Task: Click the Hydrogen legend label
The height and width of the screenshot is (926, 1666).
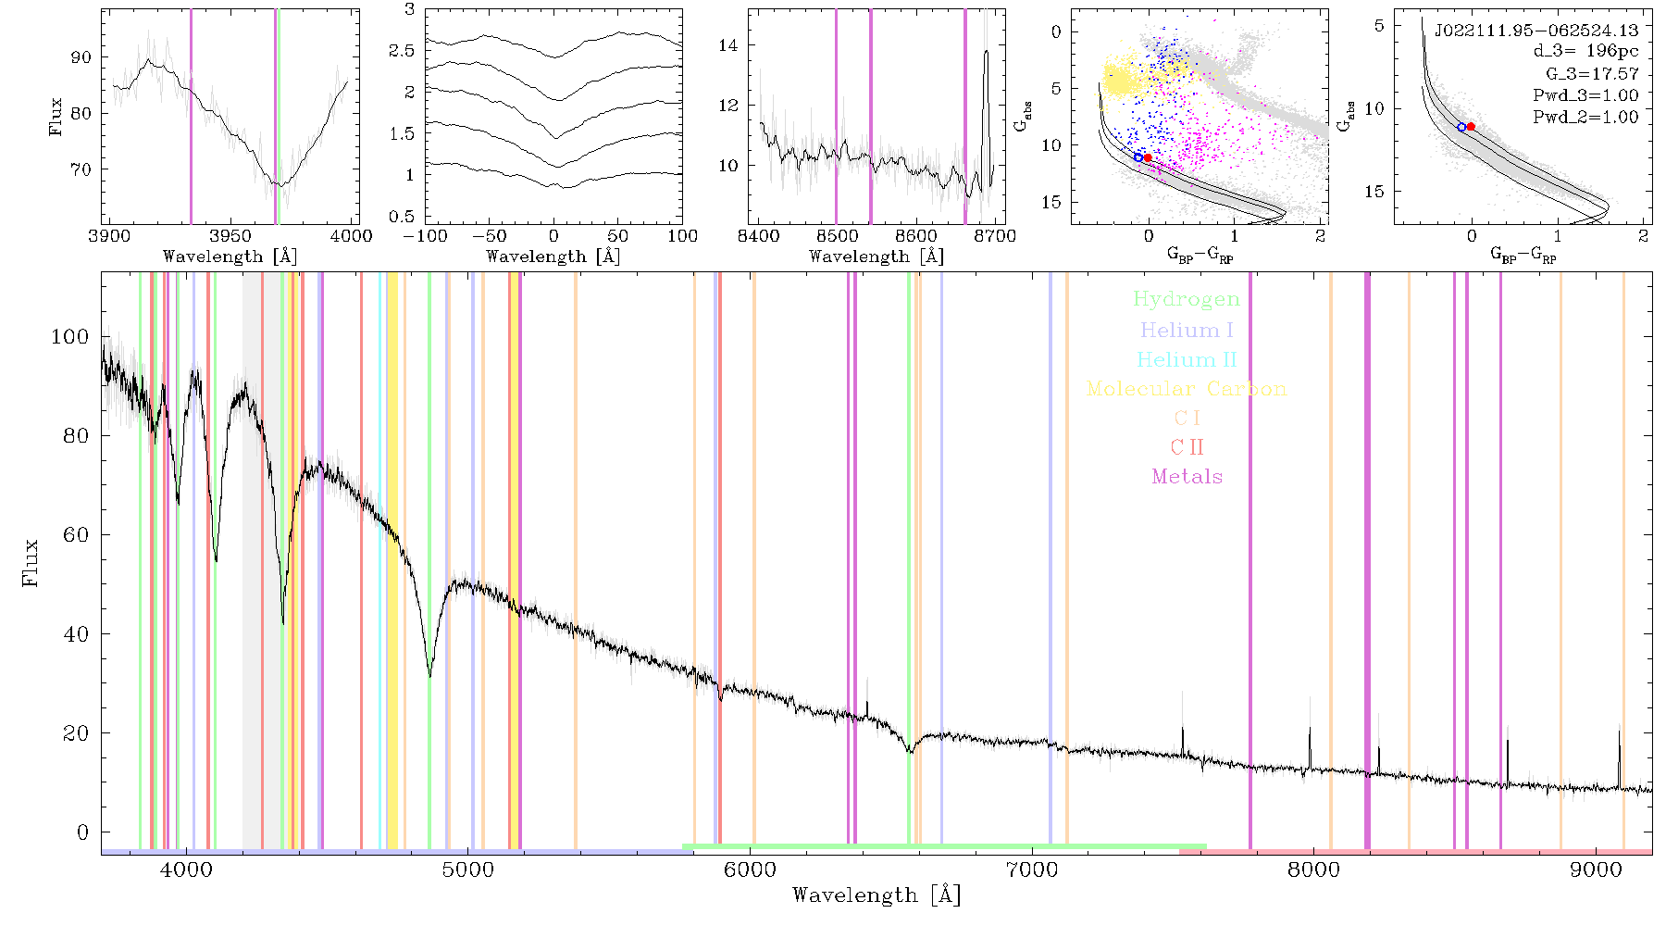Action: [1186, 300]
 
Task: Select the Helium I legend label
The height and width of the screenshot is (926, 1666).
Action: [1187, 330]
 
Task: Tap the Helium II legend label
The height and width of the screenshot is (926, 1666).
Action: [1187, 359]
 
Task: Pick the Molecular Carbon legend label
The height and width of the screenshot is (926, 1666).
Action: [1187, 389]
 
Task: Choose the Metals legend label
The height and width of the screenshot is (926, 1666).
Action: [1187, 477]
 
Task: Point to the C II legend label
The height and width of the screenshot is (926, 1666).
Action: [1187, 447]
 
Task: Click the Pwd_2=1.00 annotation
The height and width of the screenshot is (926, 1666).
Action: [1585, 118]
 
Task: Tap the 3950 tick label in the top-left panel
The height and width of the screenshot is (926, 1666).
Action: [230, 236]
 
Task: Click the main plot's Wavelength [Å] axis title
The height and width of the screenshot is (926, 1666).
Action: [877, 895]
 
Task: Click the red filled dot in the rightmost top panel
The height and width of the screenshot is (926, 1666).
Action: [1471, 126]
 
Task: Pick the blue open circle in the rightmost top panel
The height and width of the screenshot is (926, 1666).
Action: [1461, 127]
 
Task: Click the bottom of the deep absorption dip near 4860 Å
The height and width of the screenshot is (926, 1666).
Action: [429, 676]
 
